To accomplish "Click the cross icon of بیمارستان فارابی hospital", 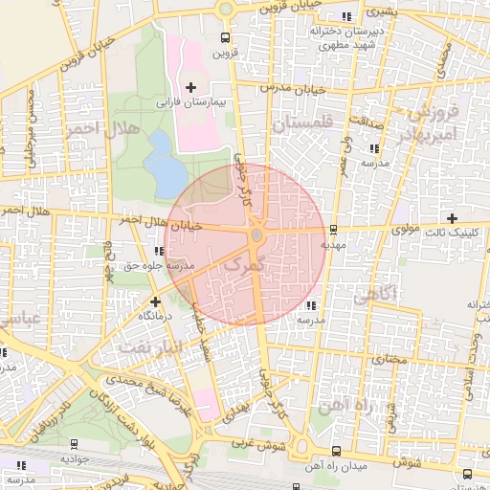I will tap(190, 87).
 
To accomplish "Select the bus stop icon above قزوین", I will tap(225, 39).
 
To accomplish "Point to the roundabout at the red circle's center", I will tap(256, 234).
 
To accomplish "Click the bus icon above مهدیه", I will tap(333, 230).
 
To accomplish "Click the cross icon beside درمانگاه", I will tap(156, 301).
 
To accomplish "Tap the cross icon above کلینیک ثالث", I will tap(453, 218).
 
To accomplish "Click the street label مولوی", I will tap(406, 230).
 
